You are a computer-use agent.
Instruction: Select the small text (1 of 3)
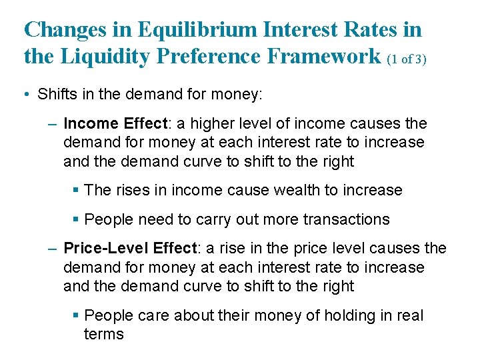407,59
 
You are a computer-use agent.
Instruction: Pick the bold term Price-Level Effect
131,249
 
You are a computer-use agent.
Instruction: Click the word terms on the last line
103,334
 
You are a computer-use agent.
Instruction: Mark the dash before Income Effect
53,124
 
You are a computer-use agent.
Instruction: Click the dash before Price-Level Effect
53,249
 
